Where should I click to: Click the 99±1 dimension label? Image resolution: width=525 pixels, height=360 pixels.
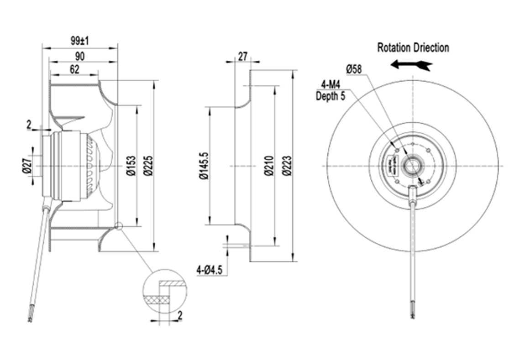pyautogui.click(x=79, y=41)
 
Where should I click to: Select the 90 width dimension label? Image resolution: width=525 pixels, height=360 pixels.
pyautogui.click(x=79, y=56)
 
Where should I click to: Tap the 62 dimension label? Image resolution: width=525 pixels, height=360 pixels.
pyautogui.click(x=74, y=70)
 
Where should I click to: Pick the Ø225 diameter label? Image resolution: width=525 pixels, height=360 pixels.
pyautogui.click(x=147, y=167)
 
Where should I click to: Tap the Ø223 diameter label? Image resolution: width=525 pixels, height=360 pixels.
pyautogui.click(x=286, y=167)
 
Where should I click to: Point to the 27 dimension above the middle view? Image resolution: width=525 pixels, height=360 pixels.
pyautogui.click(x=242, y=57)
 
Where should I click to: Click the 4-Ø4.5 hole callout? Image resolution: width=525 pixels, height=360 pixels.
pyautogui.click(x=210, y=270)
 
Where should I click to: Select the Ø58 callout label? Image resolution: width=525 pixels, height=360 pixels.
pyautogui.click(x=354, y=69)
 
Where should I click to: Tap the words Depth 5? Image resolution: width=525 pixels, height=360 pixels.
pyautogui.click(x=331, y=96)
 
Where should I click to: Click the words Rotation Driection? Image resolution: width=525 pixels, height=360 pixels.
pyautogui.click(x=413, y=47)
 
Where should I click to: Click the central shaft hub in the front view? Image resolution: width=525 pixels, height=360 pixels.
pyautogui.click(x=412, y=166)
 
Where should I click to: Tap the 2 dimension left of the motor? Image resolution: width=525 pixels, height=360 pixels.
pyautogui.click(x=29, y=124)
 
